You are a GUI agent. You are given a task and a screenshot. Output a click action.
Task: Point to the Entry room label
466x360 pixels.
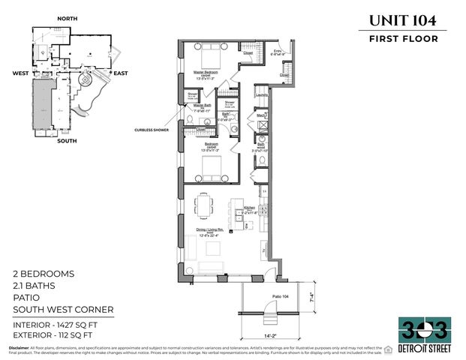[x=277, y=51]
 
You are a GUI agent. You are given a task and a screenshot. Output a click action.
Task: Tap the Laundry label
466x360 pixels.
[x=262, y=95]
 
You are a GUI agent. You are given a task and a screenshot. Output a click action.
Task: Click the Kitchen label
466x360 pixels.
[x=250, y=208]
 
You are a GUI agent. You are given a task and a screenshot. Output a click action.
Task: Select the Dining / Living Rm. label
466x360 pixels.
[x=212, y=232]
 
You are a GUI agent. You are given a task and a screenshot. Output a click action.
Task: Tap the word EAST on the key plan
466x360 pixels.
[x=121, y=73]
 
